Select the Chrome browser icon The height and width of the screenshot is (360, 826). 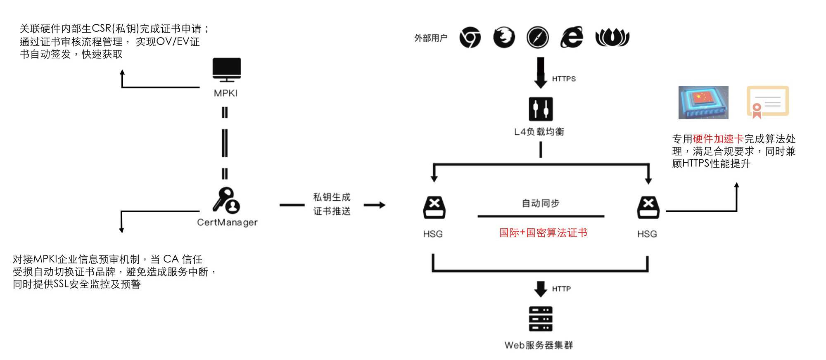[x=470, y=38]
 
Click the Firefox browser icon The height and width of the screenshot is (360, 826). [x=504, y=38]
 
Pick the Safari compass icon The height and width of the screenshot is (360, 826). [x=538, y=38]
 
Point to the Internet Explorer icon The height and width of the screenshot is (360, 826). [x=572, y=38]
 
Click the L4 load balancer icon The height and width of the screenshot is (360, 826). [x=541, y=109]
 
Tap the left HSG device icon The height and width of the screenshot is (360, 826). [x=434, y=207]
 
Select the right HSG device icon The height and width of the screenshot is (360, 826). [x=648, y=207]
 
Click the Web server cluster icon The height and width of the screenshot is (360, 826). [x=541, y=319]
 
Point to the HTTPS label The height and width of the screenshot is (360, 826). [x=564, y=79]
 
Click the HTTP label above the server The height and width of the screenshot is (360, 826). [x=561, y=289]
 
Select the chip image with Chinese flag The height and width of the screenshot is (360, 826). [x=703, y=102]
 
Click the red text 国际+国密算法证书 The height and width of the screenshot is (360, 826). [x=543, y=233]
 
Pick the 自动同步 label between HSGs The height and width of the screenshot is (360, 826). [x=541, y=203]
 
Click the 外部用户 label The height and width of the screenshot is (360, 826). [x=431, y=38]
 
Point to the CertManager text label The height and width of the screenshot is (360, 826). [x=227, y=223]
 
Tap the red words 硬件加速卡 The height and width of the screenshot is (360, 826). [x=718, y=139]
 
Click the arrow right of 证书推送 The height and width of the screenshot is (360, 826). [x=375, y=205]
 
